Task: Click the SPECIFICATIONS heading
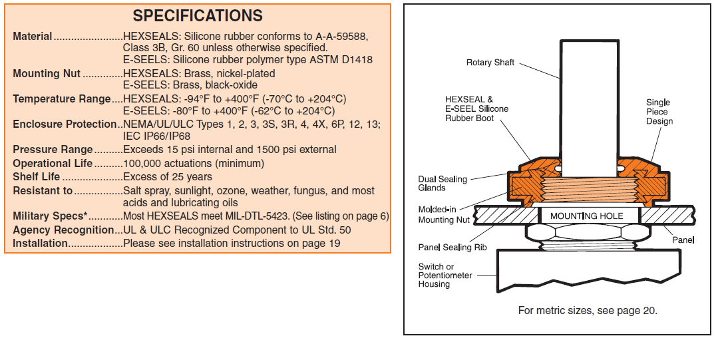[x=198, y=16]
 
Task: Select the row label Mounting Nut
[x=47, y=74]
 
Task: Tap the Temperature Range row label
[x=62, y=99]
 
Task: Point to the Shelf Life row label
[x=37, y=177]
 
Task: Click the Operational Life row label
[x=53, y=164]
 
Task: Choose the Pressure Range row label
[x=53, y=150]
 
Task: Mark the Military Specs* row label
[x=50, y=216]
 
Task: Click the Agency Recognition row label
[x=64, y=230]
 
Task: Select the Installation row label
[x=41, y=243]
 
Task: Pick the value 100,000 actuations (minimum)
[x=194, y=164]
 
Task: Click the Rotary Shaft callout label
[x=490, y=63]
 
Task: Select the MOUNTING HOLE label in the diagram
[x=586, y=216]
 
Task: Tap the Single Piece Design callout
[x=659, y=112]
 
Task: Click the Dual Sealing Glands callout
[x=443, y=183]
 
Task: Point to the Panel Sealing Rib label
[x=451, y=248]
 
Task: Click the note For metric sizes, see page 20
[x=588, y=311]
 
